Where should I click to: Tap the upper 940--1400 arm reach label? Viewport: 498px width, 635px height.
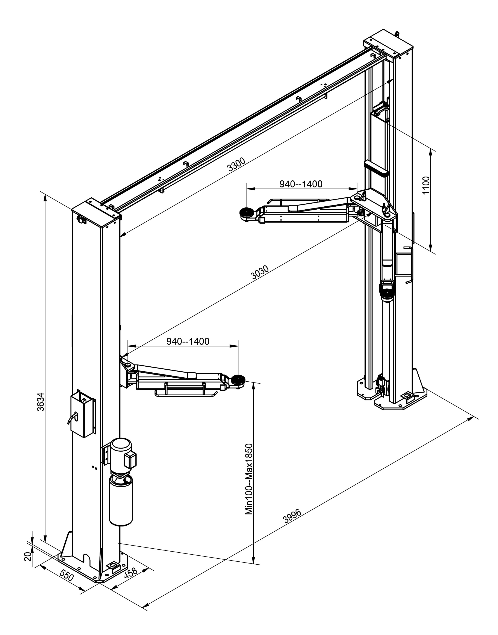click(301, 184)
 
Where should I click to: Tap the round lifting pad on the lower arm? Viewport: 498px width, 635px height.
click(238, 380)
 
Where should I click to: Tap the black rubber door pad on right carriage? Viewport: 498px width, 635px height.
click(376, 169)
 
